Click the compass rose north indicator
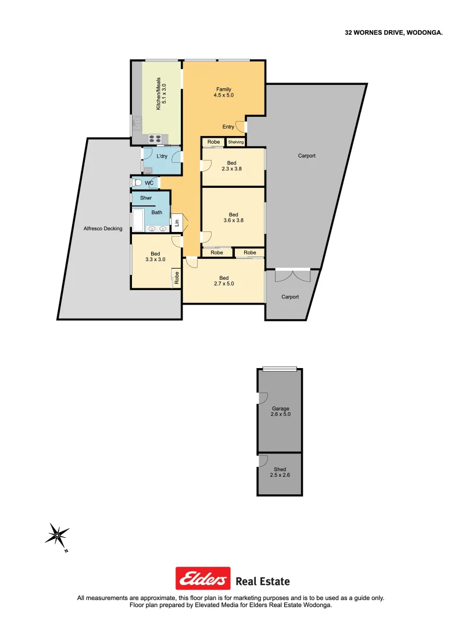57,535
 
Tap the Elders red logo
203,579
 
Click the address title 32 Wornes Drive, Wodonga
394,33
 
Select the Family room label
224,92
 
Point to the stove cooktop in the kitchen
155,138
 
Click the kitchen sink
137,123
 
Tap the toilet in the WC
137,183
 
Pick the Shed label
280,472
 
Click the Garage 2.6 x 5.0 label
280,412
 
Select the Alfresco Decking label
103,229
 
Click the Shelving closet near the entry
236,142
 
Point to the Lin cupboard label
176,222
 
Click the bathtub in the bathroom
138,220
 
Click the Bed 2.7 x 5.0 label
224,280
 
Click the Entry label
228,127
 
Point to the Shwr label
146,198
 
